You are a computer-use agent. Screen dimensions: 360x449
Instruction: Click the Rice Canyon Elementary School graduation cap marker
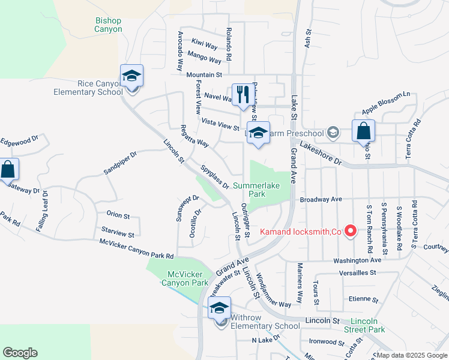tap(131, 77)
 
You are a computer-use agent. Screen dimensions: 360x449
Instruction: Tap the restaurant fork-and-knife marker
tap(243, 95)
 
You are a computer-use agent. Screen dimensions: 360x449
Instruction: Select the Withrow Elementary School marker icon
tap(219, 310)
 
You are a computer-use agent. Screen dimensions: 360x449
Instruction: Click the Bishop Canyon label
tap(108, 25)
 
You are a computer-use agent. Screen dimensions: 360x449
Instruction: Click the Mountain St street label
tap(204, 75)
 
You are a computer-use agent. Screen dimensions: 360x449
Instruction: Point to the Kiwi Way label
tap(205, 45)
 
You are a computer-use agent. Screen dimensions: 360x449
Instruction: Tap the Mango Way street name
tap(204, 58)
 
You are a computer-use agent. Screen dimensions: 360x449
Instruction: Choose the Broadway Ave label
tap(320, 199)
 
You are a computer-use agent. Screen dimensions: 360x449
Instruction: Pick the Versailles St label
tap(357, 272)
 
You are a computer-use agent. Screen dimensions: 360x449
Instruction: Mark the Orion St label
tap(118, 215)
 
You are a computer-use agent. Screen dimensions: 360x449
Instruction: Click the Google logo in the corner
tap(20, 353)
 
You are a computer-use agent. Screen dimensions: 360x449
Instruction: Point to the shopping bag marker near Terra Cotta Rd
tap(363, 131)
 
